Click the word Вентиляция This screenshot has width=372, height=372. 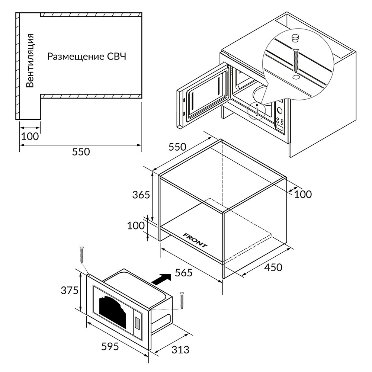click(30, 61)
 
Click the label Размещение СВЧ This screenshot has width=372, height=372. click(87, 57)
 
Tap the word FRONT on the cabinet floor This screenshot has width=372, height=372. click(195, 240)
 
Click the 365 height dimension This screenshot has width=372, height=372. click(141, 194)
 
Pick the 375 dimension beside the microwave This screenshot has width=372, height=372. click(70, 290)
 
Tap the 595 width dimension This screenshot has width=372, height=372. click(110, 346)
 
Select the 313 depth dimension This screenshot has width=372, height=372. click(180, 350)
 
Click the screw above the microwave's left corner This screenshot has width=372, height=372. click(82, 255)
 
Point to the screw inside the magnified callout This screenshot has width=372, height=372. click(296, 61)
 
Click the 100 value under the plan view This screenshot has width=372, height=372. click(30, 136)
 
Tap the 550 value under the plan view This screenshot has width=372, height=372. click(81, 152)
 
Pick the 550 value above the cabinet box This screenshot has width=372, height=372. click(177, 147)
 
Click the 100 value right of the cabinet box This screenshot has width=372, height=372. click(303, 194)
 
